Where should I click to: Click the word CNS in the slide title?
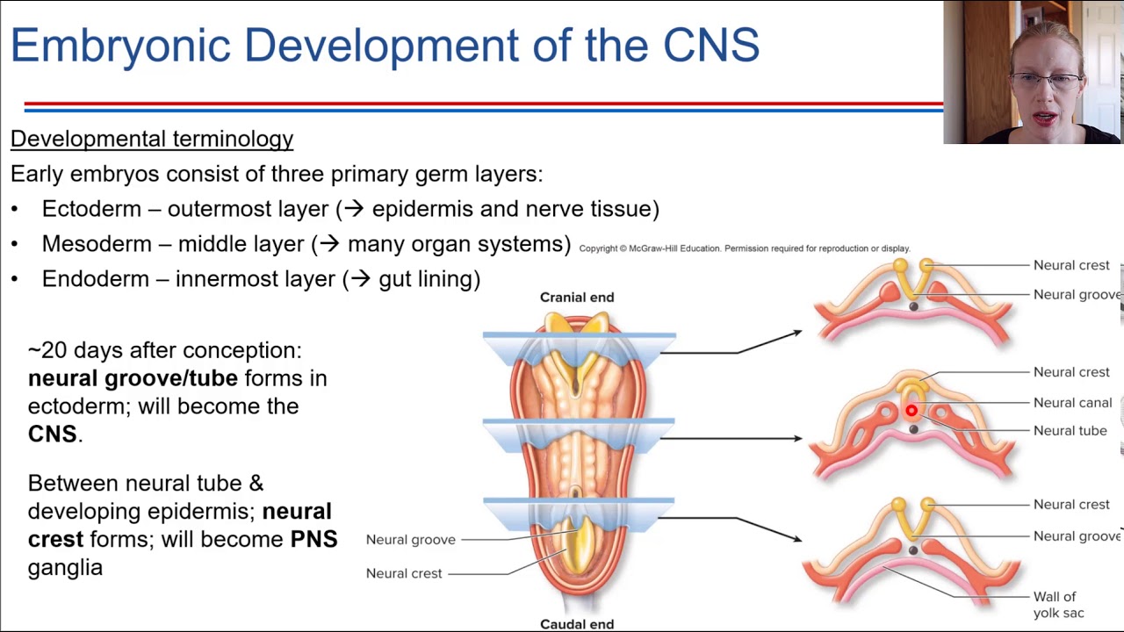tap(710, 46)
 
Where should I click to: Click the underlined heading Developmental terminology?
tap(152, 139)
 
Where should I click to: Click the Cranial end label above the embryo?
tap(577, 298)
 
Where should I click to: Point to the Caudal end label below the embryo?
tap(577, 624)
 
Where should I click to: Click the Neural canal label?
tap(1072, 403)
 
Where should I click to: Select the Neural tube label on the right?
tap(1070, 431)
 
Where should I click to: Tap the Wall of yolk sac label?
tap(1057, 605)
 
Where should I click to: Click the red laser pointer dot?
tap(911, 411)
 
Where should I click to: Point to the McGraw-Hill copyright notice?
tap(744, 248)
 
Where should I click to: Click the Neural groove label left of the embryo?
tap(410, 540)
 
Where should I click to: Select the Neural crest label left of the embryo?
tap(404, 573)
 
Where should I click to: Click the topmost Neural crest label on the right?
tap(1071, 265)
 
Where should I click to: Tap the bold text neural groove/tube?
tap(133, 378)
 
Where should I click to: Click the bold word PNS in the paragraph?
tap(313, 539)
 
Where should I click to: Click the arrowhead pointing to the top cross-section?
tap(796, 333)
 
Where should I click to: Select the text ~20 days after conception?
tap(164, 350)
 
